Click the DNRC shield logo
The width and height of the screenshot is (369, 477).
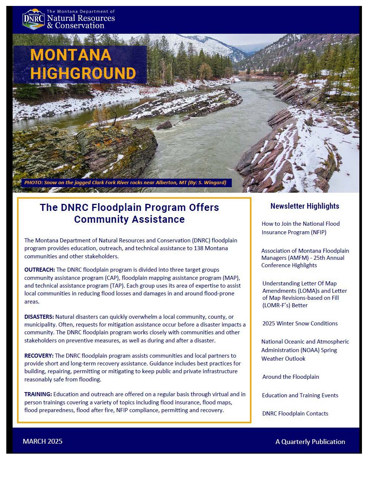(x=33, y=19)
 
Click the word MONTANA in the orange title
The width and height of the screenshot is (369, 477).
(x=70, y=55)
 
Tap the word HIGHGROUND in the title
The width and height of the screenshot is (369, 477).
(x=83, y=73)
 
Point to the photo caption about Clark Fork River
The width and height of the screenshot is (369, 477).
(x=125, y=182)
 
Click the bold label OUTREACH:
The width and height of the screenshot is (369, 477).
(x=39, y=270)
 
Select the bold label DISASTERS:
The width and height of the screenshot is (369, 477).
(x=39, y=317)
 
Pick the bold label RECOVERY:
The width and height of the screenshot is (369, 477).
(x=39, y=356)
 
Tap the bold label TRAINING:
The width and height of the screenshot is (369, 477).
(x=38, y=394)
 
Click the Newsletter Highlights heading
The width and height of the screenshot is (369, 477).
(x=304, y=206)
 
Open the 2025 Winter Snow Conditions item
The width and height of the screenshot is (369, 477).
(x=300, y=324)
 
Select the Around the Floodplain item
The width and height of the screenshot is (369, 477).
(x=290, y=377)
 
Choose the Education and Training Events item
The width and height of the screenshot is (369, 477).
(x=300, y=395)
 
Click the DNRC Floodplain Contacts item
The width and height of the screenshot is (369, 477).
(x=295, y=414)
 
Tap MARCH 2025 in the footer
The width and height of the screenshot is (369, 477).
(x=42, y=441)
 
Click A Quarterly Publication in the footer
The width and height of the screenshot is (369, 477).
(x=310, y=442)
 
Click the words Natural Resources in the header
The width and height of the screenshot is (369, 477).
(x=81, y=18)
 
